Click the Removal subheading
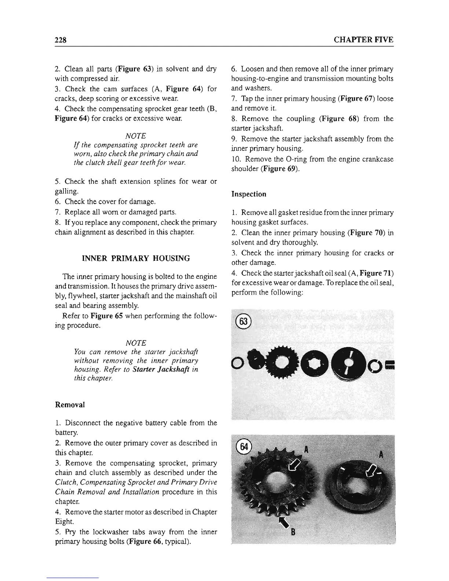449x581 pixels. pos(70,405)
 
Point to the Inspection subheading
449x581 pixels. pos(249,194)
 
